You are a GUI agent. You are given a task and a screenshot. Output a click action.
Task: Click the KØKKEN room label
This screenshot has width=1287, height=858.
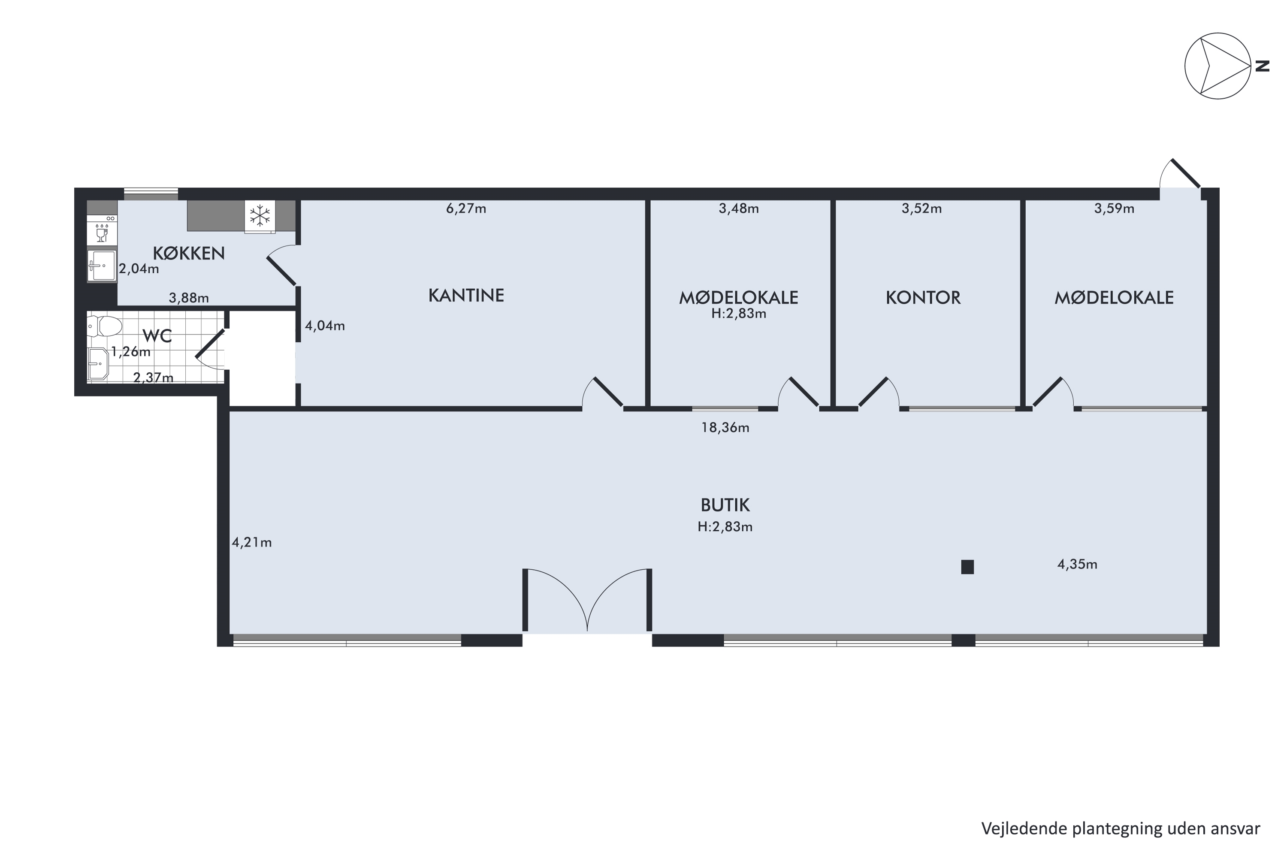(189, 254)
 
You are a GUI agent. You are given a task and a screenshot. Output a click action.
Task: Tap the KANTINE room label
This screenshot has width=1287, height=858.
(466, 296)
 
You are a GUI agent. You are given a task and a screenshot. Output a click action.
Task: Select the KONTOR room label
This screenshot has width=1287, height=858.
(923, 298)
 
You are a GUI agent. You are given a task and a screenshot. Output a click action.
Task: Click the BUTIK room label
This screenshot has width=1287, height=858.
(725, 505)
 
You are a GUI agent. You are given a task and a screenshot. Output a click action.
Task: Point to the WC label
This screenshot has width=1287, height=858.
(157, 335)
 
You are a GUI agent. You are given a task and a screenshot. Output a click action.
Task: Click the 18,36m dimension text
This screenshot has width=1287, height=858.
(725, 428)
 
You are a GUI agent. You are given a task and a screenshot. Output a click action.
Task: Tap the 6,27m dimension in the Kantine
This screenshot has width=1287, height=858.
(466, 208)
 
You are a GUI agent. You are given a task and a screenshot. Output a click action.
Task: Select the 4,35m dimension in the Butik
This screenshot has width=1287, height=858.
(1077, 564)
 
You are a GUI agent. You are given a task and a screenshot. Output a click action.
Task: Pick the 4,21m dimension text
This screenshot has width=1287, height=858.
(252, 542)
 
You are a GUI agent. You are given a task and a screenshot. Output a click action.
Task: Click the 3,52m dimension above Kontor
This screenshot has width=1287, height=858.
(921, 208)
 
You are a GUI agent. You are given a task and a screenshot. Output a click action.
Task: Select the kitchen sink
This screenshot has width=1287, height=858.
(102, 266)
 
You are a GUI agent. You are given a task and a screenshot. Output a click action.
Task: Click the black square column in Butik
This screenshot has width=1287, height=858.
(967, 567)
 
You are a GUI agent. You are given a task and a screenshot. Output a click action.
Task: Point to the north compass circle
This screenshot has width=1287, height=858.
(1218, 66)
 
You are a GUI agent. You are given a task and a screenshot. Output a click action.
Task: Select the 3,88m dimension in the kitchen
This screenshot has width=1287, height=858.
(189, 298)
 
